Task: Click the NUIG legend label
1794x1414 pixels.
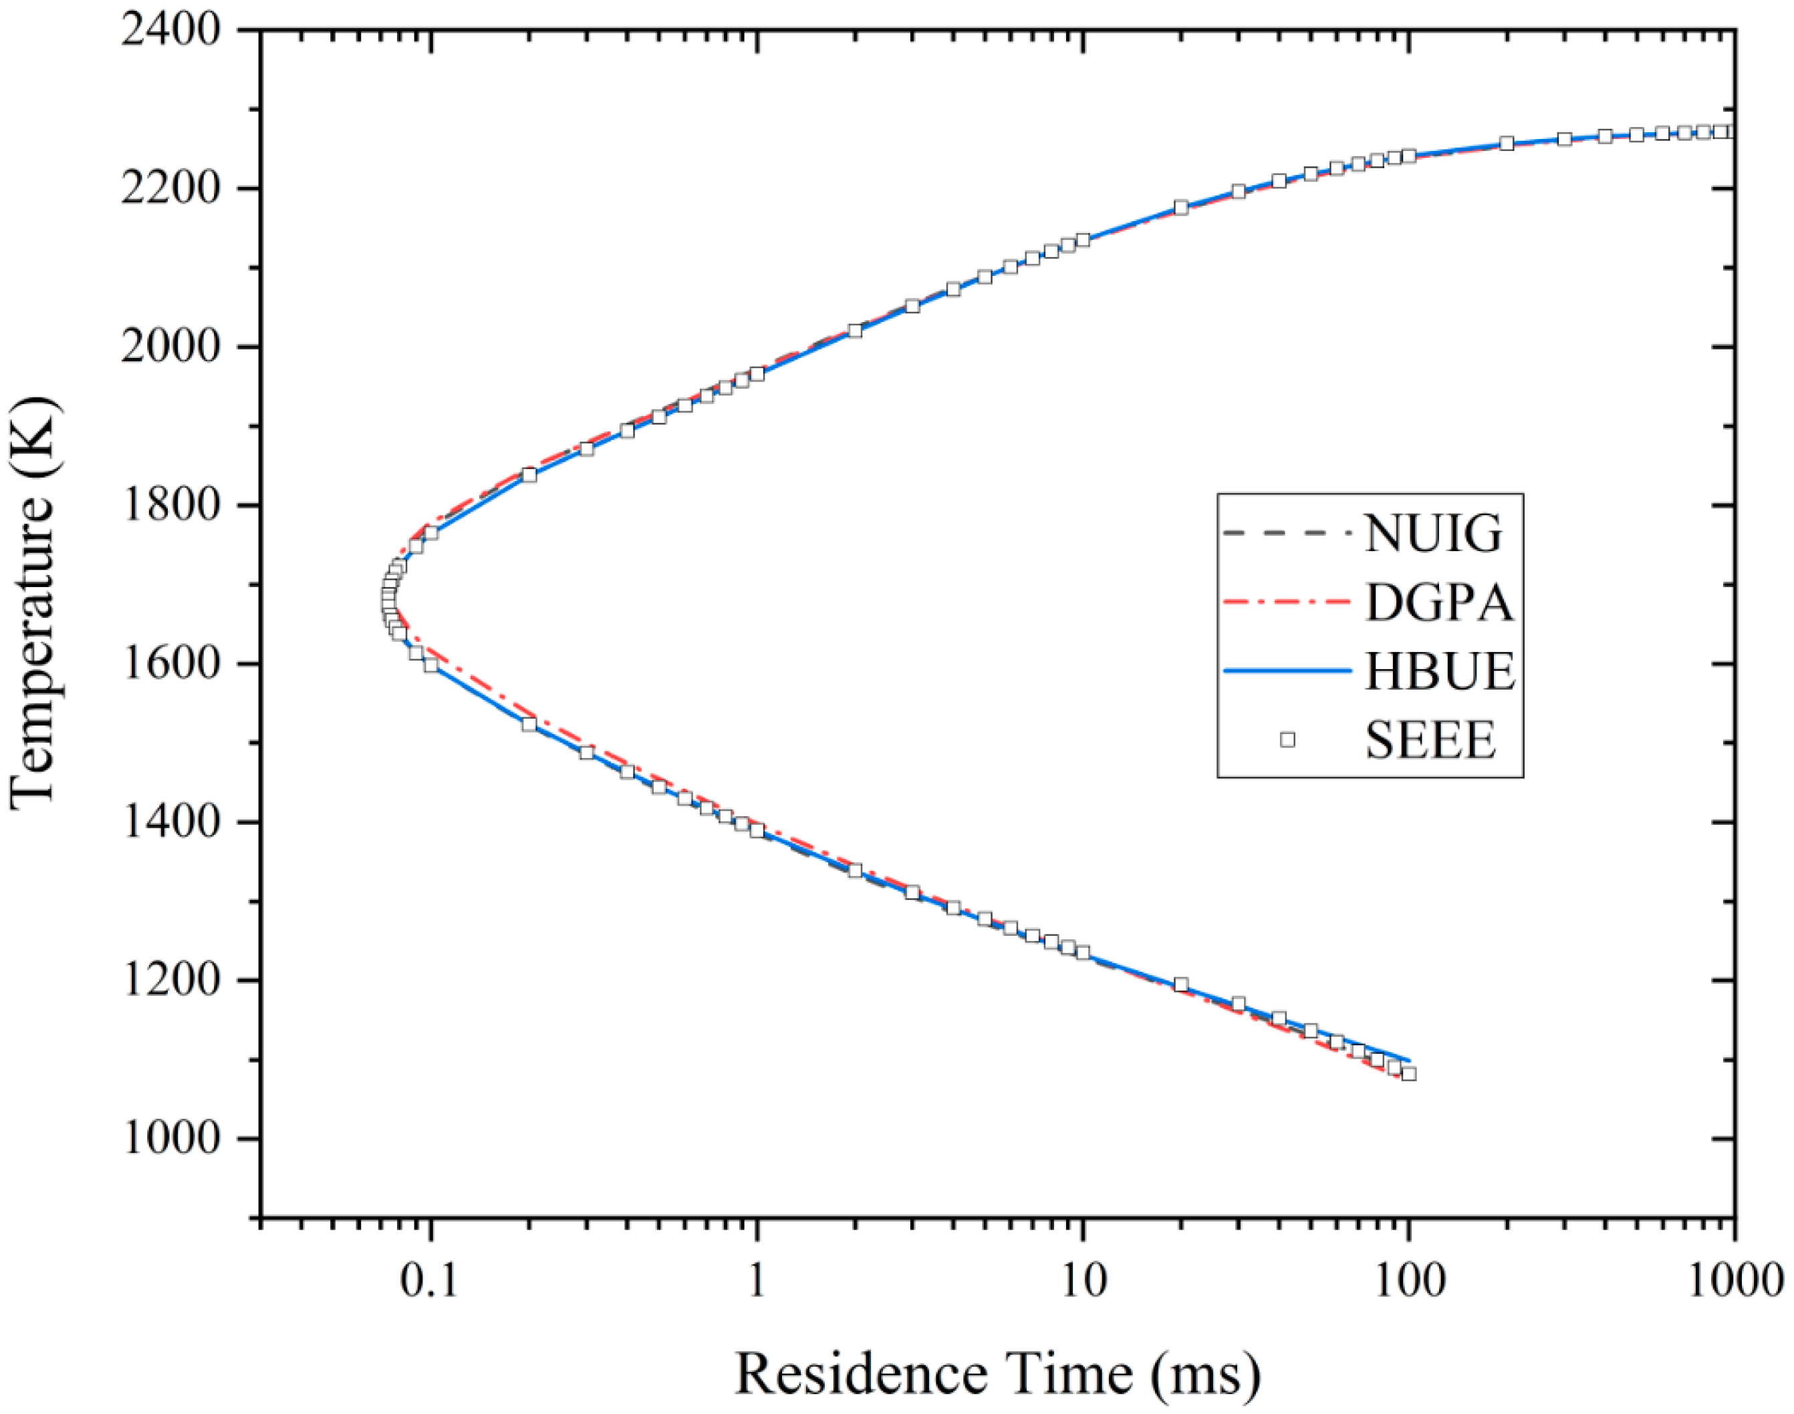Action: coord(1434,534)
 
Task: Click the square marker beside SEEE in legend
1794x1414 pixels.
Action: coord(1287,739)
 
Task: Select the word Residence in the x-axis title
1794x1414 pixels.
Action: coord(862,1375)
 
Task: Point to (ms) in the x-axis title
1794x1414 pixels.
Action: coord(1205,1375)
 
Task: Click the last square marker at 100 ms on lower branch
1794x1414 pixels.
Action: coord(1408,1074)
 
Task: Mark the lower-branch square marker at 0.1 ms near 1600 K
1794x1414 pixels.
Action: coord(430,664)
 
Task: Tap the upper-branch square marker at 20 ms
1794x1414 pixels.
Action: coord(1181,207)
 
